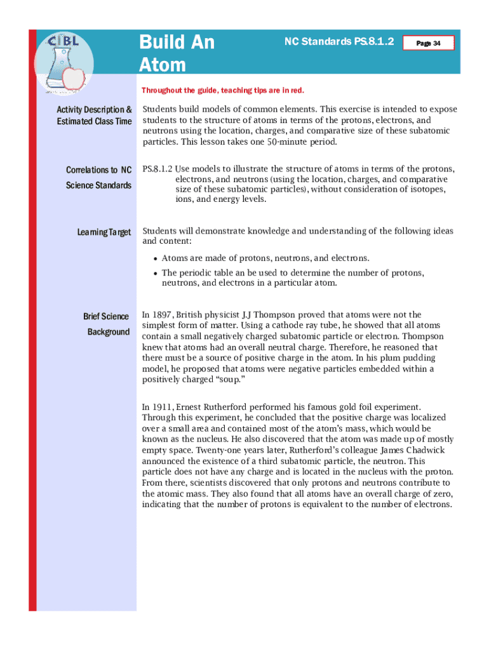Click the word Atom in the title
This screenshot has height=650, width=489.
tap(163, 64)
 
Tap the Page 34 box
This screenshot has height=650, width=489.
tap(429, 43)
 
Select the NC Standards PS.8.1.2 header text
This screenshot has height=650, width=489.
tap(339, 42)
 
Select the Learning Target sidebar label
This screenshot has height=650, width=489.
tap(104, 232)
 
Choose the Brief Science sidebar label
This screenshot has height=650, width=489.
tap(105, 316)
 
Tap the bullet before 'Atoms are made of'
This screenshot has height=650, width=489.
tap(155, 258)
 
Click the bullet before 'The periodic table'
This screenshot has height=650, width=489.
tap(155, 273)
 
